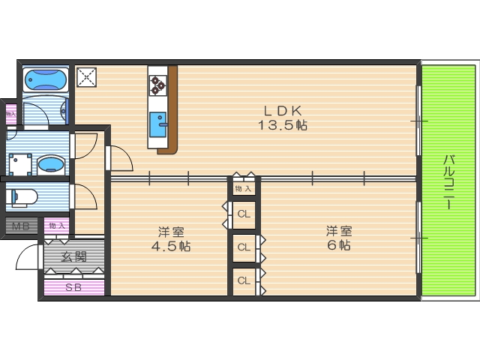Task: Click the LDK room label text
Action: tap(283, 108)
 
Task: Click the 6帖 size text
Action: tap(339, 245)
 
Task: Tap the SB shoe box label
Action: tap(73, 287)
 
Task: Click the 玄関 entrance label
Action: tap(73, 256)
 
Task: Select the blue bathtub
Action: tap(46, 79)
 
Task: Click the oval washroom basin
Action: tap(51, 163)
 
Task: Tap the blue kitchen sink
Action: tap(158, 125)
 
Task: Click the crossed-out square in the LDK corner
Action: tap(86, 77)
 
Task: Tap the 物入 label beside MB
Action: tap(57, 225)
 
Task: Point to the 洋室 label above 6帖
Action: tap(339, 230)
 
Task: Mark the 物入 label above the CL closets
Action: tap(242, 188)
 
